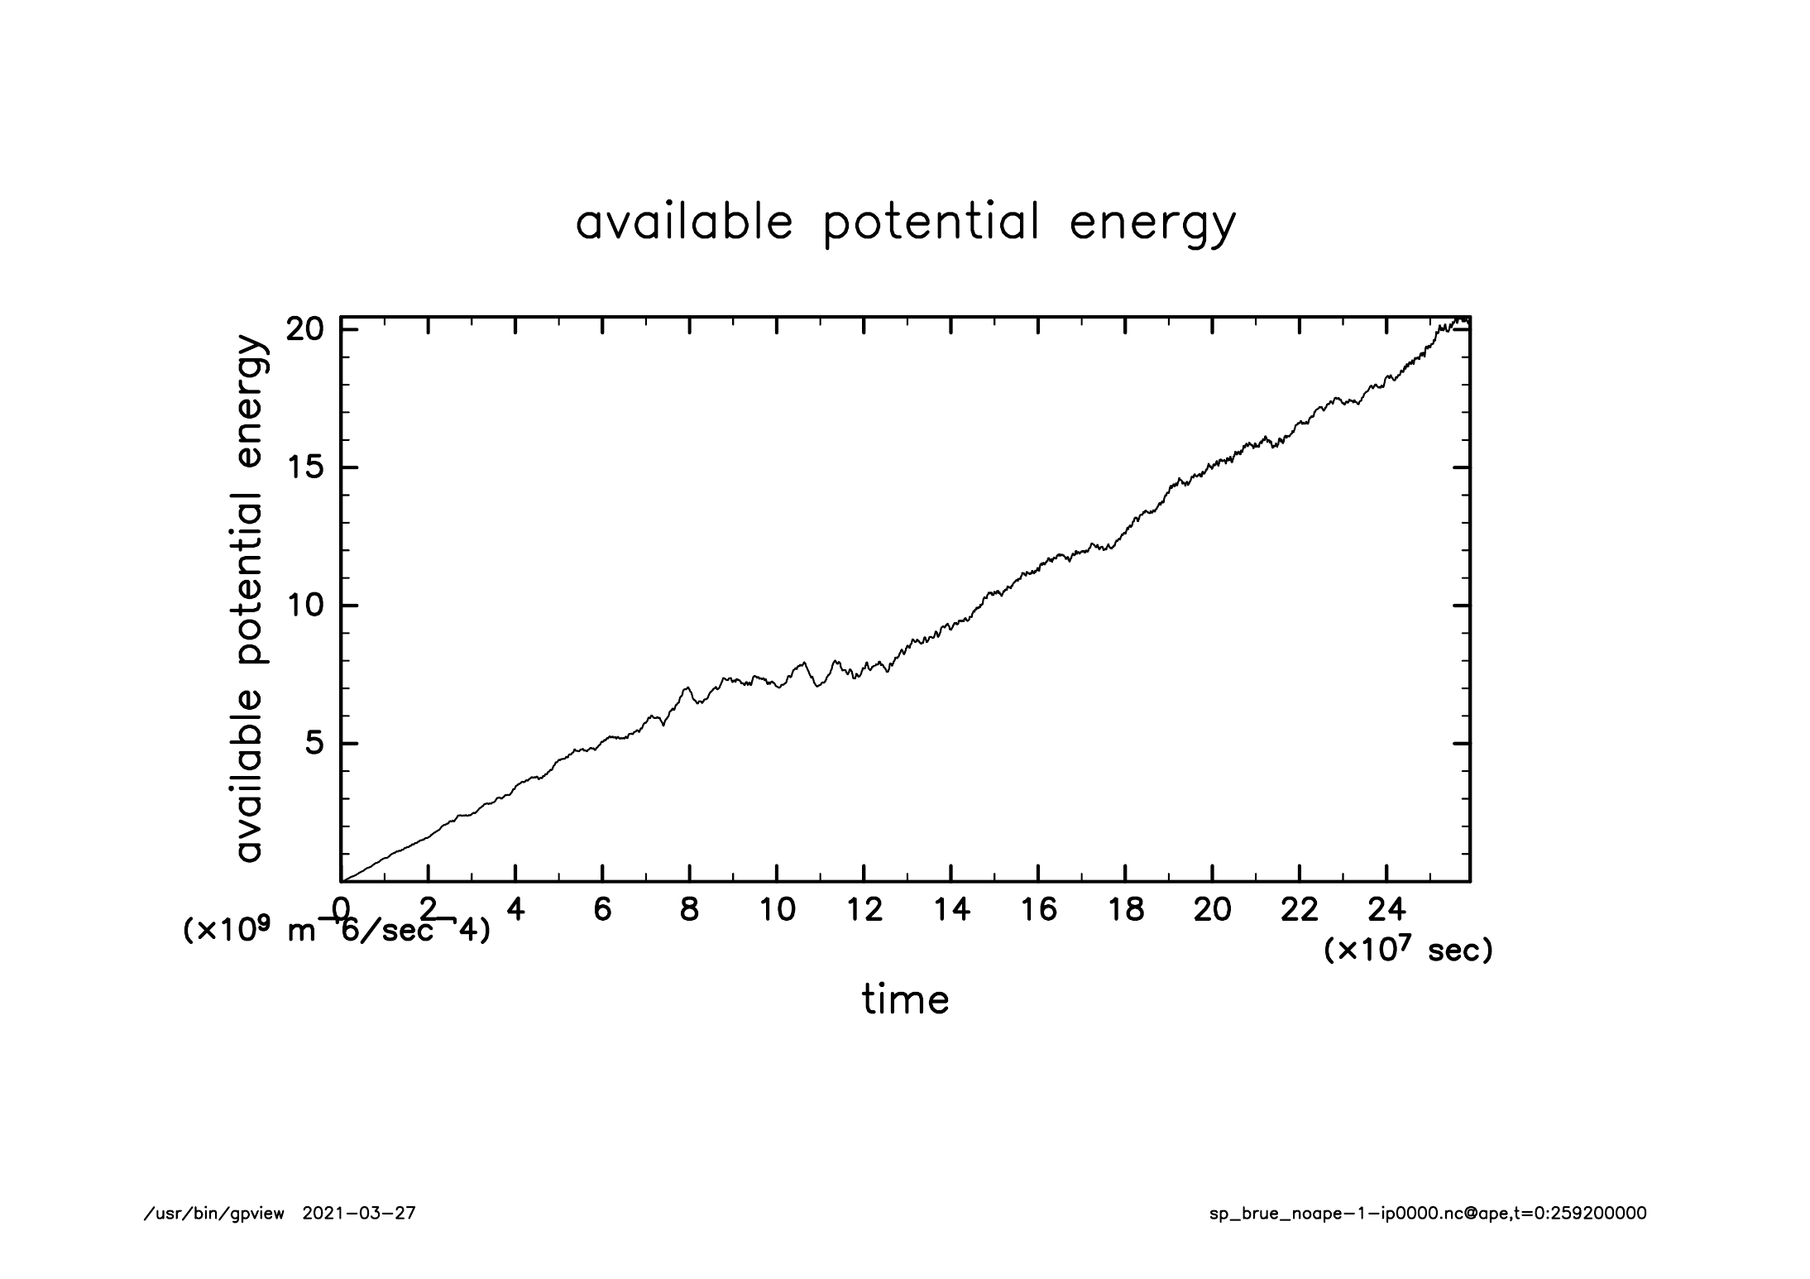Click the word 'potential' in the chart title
[931, 223]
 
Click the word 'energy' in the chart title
[1152, 223]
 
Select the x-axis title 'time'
[905, 999]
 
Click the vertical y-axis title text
[249, 599]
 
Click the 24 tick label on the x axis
[1386, 910]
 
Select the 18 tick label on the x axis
[1125, 910]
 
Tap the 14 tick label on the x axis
[951, 910]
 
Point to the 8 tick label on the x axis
[689, 910]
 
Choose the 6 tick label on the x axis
[602, 910]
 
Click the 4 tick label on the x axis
[515, 910]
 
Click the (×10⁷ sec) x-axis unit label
[1408, 951]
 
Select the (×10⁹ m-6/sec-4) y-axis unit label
[336, 931]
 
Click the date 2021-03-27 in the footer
[359, 1214]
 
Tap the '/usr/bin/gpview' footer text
[214, 1214]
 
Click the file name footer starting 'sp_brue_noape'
[1428, 1214]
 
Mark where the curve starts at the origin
[342, 881]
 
